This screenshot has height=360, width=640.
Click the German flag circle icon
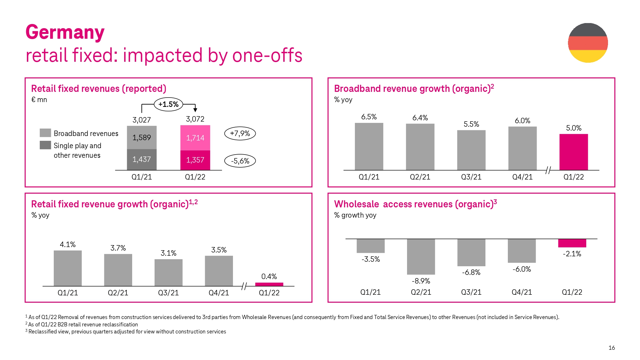[588, 43]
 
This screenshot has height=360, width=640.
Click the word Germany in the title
[65, 32]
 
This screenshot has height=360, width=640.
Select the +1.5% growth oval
[168, 104]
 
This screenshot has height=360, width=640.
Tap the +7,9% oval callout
[240, 133]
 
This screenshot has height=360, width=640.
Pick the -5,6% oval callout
[240, 161]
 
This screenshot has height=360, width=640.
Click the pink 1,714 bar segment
[195, 138]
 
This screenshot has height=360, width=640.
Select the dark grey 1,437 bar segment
[142, 159]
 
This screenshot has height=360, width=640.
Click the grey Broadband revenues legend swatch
[45, 133]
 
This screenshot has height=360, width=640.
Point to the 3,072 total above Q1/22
[195, 119]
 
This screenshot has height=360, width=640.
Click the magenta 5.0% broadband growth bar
[573, 152]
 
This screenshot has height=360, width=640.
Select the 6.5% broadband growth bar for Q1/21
[369, 147]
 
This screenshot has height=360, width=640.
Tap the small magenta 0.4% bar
[269, 284]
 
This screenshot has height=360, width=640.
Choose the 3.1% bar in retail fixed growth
[168, 273]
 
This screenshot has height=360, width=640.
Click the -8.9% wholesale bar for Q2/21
[421, 257]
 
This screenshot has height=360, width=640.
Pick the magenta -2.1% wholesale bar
[572, 243]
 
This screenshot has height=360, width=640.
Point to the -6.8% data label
[471, 272]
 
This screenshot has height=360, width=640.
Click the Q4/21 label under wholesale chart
[522, 292]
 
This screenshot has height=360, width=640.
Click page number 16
[612, 348]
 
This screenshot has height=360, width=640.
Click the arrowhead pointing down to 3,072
[195, 110]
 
